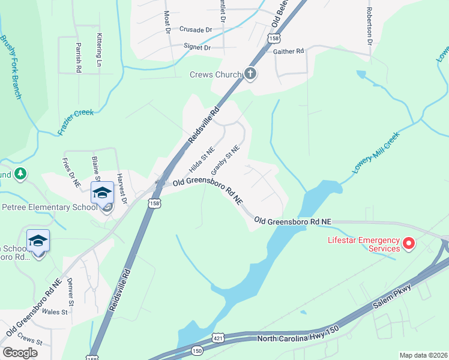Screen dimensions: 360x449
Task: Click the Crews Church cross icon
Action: tap(251, 74)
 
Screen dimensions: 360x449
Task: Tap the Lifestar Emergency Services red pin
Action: tap(409, 244)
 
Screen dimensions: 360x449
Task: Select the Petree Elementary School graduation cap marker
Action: tap(103, 193)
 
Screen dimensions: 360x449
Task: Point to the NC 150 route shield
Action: tap(197, 349)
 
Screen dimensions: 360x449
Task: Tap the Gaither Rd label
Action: tap(289, 52)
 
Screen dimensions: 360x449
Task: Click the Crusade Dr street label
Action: tap(196, 29)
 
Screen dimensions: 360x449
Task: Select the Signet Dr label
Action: tap(198, 47)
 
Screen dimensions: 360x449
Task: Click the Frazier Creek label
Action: tap(77, 118)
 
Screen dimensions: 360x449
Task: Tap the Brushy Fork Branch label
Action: tap(11, 67)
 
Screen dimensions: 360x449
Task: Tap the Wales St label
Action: tap(54, 312)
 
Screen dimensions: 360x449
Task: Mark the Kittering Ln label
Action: tap(98, 50)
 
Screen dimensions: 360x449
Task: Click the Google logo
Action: tap(20, 353)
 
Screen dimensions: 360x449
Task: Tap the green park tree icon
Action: tap(20, 173)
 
